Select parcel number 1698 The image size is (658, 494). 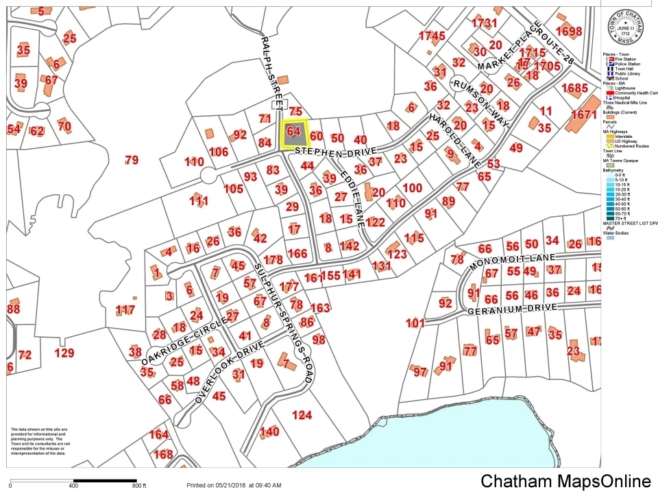(568, 31)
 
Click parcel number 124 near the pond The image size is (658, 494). (302, 414)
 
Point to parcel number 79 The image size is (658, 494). (132, 160)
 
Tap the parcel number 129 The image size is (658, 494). (64, 353)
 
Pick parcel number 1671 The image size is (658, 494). (583, 115)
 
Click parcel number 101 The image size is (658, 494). (415, 322)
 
